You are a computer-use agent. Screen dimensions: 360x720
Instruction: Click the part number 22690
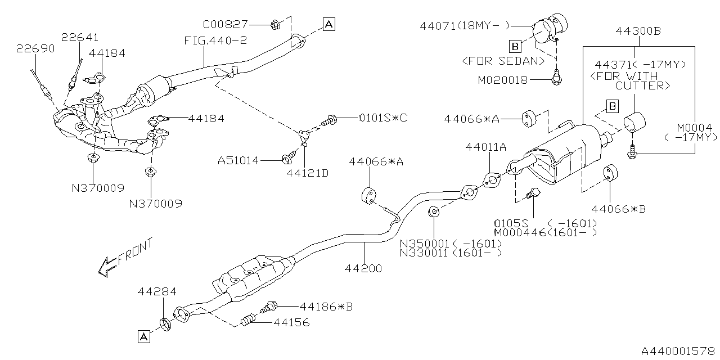pyautogui.click(x=35, y=48)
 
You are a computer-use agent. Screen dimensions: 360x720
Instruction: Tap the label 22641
pyautogui.click(x=80, y=37)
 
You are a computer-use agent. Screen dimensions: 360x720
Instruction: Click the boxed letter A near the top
pyautogui.click(x=329, y=24)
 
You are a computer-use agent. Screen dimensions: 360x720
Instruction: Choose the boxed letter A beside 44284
pyautogui.click(x=144, y=336)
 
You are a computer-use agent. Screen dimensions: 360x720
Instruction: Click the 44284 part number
pyautogui.click(x=157, y=291)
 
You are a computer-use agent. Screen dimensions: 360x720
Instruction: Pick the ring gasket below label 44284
pyautogui.click(x=165, y=324)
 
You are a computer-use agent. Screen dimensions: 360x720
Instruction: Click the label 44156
pyautogui.click(x=291, y=323)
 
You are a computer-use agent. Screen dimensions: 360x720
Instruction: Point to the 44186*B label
pyautogui.click(x=326, y=307)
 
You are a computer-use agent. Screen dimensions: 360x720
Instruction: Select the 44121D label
pyautogui.click(x=307, y=173)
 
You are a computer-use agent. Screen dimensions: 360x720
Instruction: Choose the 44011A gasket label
pyautogui.click(x=486, y=147)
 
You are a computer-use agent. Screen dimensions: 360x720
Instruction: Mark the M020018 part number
pyautogui.click(x=503, y=80)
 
